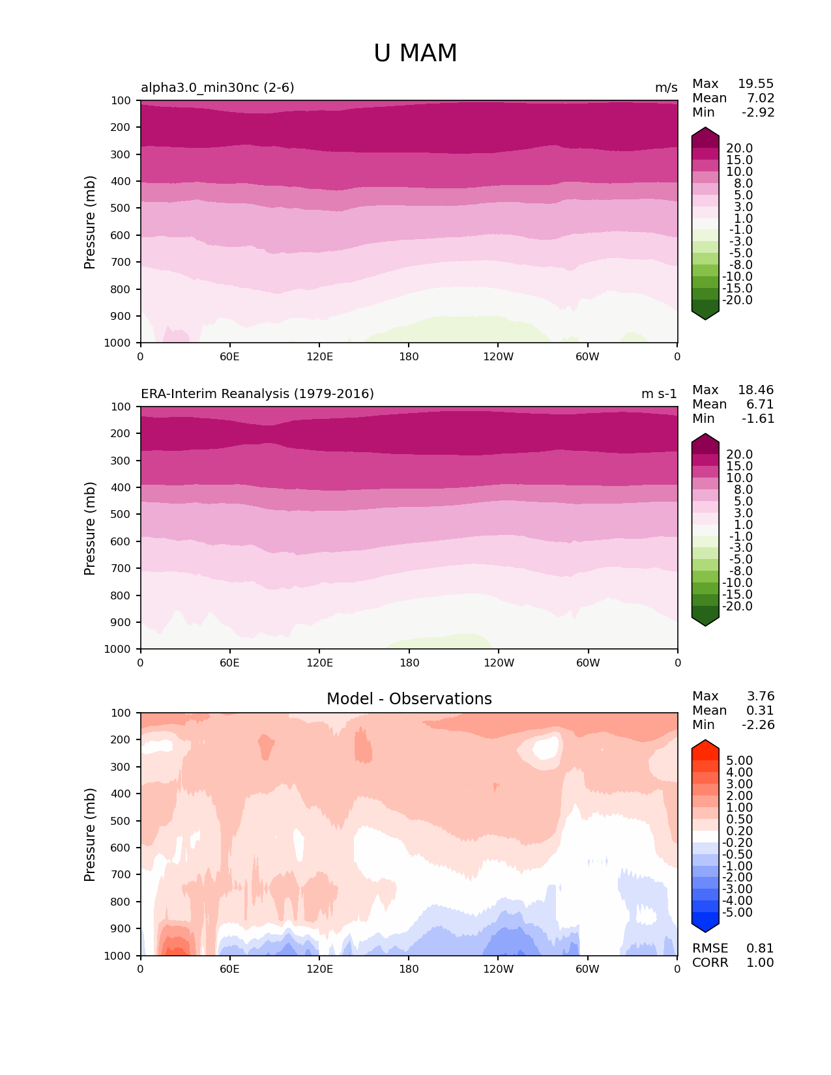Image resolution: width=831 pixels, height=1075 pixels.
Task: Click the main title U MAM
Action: [415, 53]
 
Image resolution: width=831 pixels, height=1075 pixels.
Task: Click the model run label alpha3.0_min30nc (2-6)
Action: [218, 87]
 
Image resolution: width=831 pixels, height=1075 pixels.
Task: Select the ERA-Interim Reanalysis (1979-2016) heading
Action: [257, 394]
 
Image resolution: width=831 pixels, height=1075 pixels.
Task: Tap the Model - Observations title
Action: [409, 699]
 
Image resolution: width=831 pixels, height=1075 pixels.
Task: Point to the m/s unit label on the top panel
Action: [666, 87]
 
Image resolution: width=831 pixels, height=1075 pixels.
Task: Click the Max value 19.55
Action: [755, 83]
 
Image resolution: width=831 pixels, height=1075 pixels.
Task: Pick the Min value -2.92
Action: [758, 112]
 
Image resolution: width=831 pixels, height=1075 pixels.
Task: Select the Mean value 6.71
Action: [760, 404]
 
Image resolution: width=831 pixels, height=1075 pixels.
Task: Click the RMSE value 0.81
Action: [760, 948]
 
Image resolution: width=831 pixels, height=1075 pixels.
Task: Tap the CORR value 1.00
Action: [760, 962]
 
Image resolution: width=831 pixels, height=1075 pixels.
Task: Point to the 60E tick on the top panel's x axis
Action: [229, 356]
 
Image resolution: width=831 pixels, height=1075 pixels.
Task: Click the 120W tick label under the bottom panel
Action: [498, 969]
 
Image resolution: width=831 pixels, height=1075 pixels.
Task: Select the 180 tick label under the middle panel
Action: [409, 663]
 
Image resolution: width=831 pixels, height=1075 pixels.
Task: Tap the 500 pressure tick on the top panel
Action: [122, 208]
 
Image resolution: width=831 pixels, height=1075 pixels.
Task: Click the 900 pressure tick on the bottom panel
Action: [122, 928]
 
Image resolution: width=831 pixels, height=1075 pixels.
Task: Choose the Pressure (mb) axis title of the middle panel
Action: [90, 528]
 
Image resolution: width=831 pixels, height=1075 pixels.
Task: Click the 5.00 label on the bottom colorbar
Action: [739, 760]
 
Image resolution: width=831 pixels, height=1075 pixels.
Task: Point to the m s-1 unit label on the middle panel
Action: [659, 394]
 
